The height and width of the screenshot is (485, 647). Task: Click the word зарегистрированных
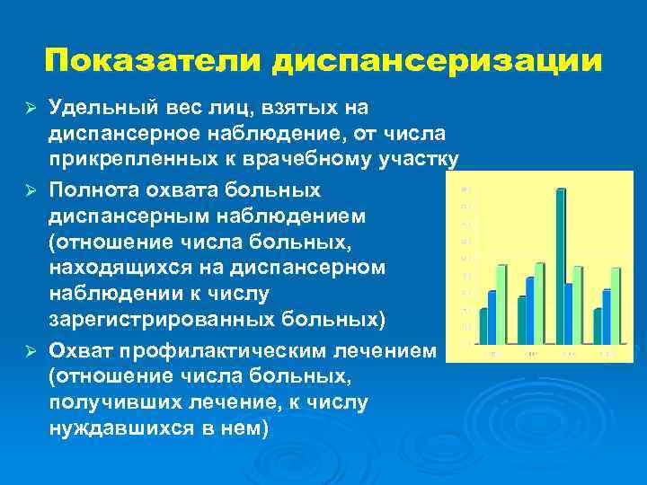(146, 320)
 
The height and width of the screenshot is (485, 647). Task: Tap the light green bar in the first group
(501, 304)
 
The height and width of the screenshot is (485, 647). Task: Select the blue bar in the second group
(529, 310)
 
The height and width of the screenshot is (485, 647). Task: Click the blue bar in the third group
(568, 313)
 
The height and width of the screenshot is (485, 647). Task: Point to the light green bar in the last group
(616, 306)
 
